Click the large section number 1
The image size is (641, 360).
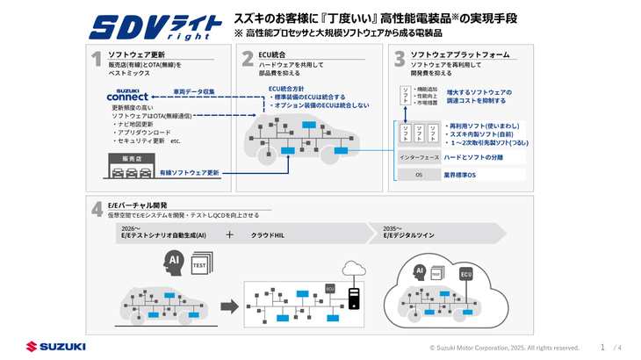click(96, 59)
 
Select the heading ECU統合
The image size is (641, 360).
click(274, 54)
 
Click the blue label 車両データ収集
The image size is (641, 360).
click(194, 90)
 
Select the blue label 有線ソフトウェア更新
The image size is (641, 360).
click(190, 173)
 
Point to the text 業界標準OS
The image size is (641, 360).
click(460, 175)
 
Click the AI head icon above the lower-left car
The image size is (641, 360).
click(175, 261)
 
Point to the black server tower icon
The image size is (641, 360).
click(355, 298)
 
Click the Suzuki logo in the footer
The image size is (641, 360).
click(55, 347)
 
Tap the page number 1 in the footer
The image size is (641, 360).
click(602, 347)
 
